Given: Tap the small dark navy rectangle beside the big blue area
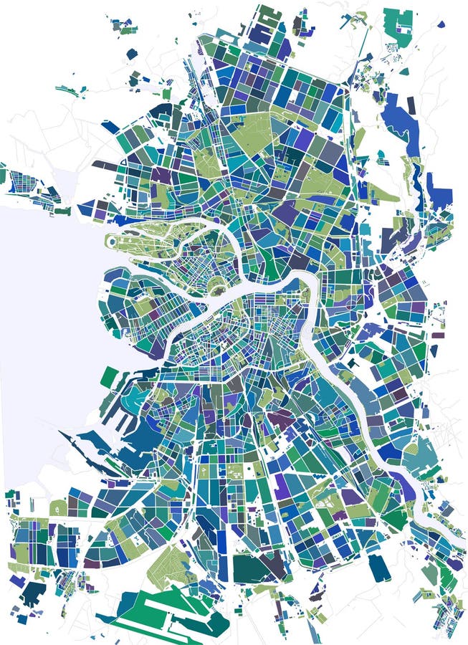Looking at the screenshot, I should (411, 105).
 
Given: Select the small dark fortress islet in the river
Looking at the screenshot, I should (215, 288).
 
